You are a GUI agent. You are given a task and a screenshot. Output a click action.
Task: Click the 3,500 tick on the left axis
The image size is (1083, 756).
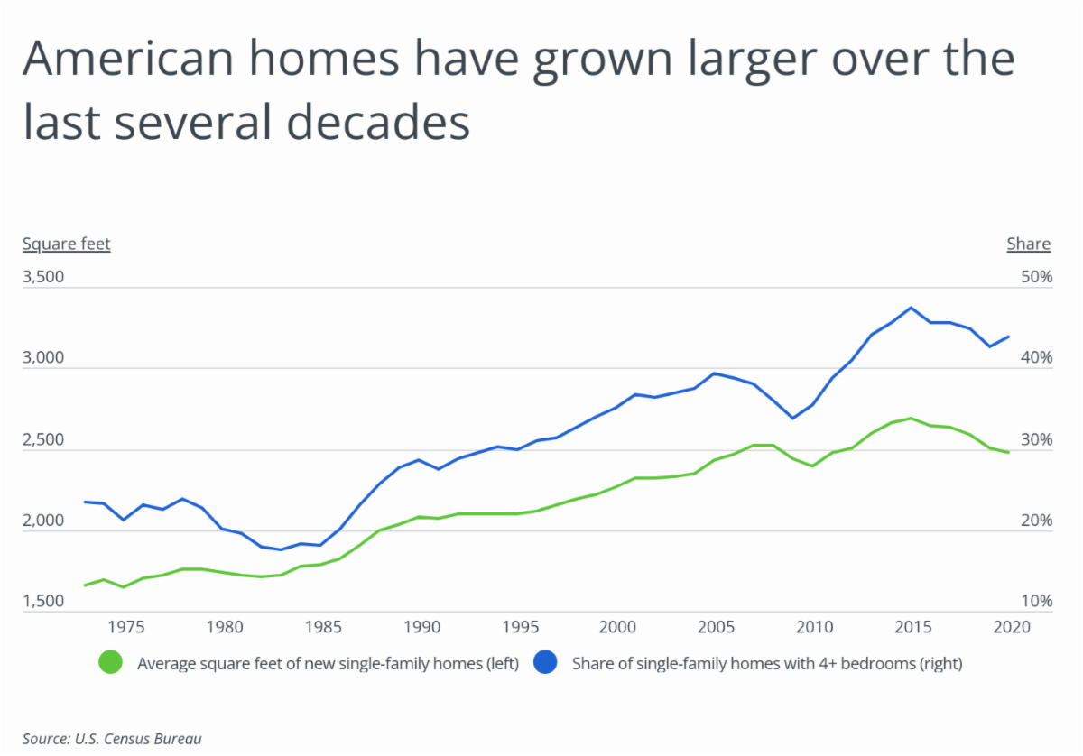42,277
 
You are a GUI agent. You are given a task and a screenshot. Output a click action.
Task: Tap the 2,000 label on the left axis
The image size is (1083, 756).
42,521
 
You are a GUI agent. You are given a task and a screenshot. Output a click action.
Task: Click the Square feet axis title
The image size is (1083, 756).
66,244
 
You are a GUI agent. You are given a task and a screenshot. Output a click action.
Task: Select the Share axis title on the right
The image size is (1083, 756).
1028,244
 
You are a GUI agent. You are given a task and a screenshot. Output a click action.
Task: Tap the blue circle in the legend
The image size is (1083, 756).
545,663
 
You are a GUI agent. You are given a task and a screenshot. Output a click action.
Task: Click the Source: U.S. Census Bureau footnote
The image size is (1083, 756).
112,739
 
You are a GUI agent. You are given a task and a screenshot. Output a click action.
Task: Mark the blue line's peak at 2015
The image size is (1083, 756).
911,308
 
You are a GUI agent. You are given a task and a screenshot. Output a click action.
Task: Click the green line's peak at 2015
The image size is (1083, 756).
911,418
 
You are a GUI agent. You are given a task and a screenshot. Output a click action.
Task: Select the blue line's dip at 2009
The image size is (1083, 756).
792,418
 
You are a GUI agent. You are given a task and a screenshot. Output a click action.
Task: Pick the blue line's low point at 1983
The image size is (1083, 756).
281,549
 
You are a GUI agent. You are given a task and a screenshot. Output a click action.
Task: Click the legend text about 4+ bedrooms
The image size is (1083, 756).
767,664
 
